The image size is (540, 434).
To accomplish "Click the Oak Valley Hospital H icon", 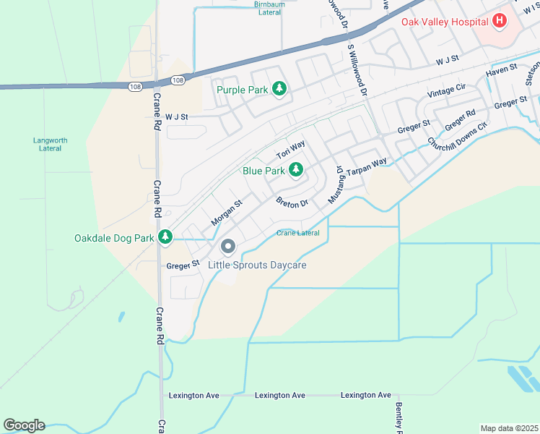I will pos(499,22).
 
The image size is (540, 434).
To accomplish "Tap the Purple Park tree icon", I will pos(279,89).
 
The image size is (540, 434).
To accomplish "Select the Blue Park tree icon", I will pos(295,170).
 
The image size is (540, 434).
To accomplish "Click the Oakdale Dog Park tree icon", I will pos(165,237).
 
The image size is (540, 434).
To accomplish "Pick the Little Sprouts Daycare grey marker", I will pos(228,247).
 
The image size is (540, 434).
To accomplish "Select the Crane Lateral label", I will pos(298,233).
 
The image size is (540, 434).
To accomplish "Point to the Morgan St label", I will pos(226,212).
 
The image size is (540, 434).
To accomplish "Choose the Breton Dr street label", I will pos(292,202).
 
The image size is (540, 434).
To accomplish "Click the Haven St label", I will pos(502,69).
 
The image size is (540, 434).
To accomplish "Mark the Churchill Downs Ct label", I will pos(458,134).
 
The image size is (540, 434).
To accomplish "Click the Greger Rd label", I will pos(460,119).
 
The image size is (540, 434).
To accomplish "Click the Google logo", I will pos(24,425).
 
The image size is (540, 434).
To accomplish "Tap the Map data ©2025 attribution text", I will pos(509,428).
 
